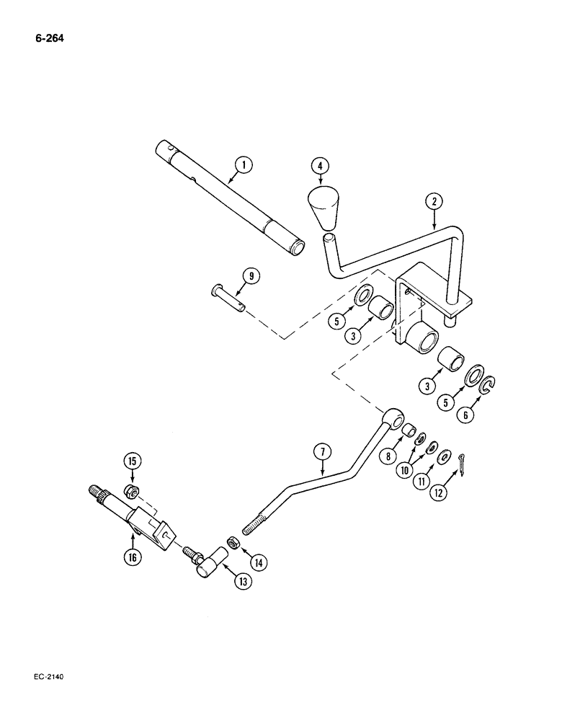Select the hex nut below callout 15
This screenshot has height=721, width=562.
[132, 492]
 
